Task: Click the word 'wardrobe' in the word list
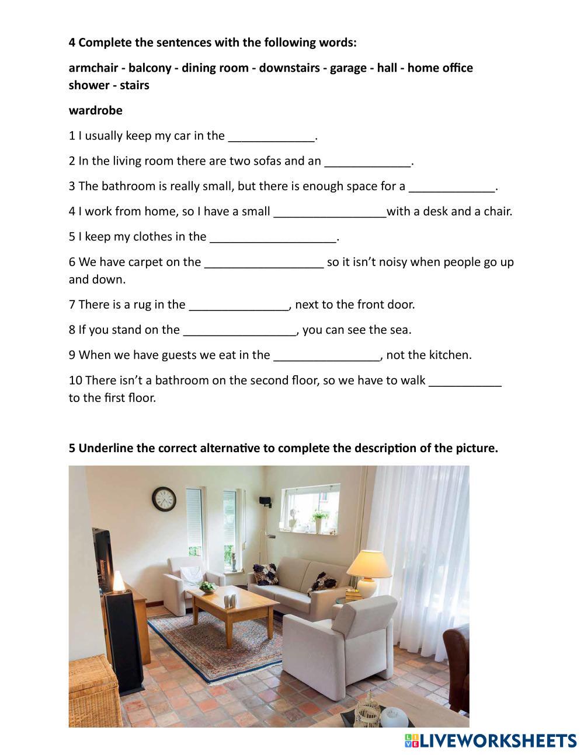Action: pos(95,110)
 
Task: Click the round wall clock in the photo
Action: pos(164,499)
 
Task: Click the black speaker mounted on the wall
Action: pos(265,501)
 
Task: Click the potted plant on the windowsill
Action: pos(319,519)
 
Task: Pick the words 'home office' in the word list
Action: pos(440,68)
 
